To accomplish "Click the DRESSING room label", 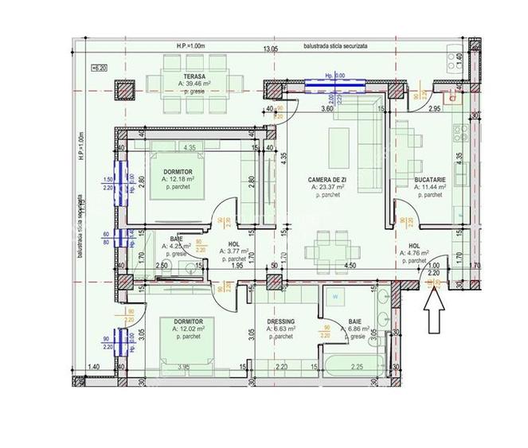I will click(x=281, y=322).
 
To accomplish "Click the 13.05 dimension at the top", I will click(x=271, y=48).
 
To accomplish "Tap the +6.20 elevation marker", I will click(x=100, y=69).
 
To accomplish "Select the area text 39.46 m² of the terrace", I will click(x=176, y=82).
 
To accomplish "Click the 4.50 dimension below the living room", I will click(x=349, y=266).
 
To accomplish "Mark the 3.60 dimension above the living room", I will click(x=325, y=108).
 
